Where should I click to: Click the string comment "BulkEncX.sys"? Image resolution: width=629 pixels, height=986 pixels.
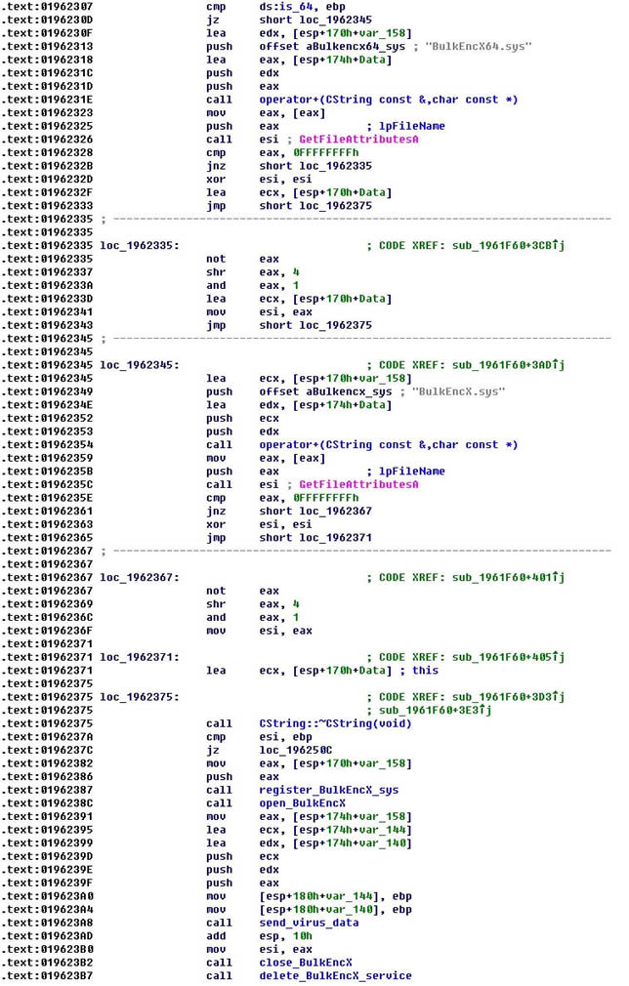[x=458, y=391]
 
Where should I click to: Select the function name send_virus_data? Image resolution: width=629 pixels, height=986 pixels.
[x=309, y=923]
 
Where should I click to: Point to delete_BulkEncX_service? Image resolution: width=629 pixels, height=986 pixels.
[x=335, y=976]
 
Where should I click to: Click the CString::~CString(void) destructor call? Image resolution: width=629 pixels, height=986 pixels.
[x=335, y=723]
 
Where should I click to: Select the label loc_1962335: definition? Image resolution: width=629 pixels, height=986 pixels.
[x=140, y=245]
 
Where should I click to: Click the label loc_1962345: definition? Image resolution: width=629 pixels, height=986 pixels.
[x=140, y=365]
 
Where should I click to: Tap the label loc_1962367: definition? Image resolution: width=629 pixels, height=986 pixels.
[x=140, y=577]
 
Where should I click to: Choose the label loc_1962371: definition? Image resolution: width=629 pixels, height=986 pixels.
[x=140, y=657]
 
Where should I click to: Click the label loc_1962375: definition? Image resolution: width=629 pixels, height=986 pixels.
[x=140, y=697]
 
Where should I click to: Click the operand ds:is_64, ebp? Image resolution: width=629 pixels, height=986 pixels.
[x=302, y=7]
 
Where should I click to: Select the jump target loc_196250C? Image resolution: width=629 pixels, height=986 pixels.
[x=296, y=750]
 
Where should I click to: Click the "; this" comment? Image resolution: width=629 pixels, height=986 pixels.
[x=419, y=671]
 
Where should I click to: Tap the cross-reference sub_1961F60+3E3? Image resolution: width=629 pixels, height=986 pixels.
[x=435, y=710]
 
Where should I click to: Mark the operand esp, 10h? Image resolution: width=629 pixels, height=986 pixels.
[x=285, y=936]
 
